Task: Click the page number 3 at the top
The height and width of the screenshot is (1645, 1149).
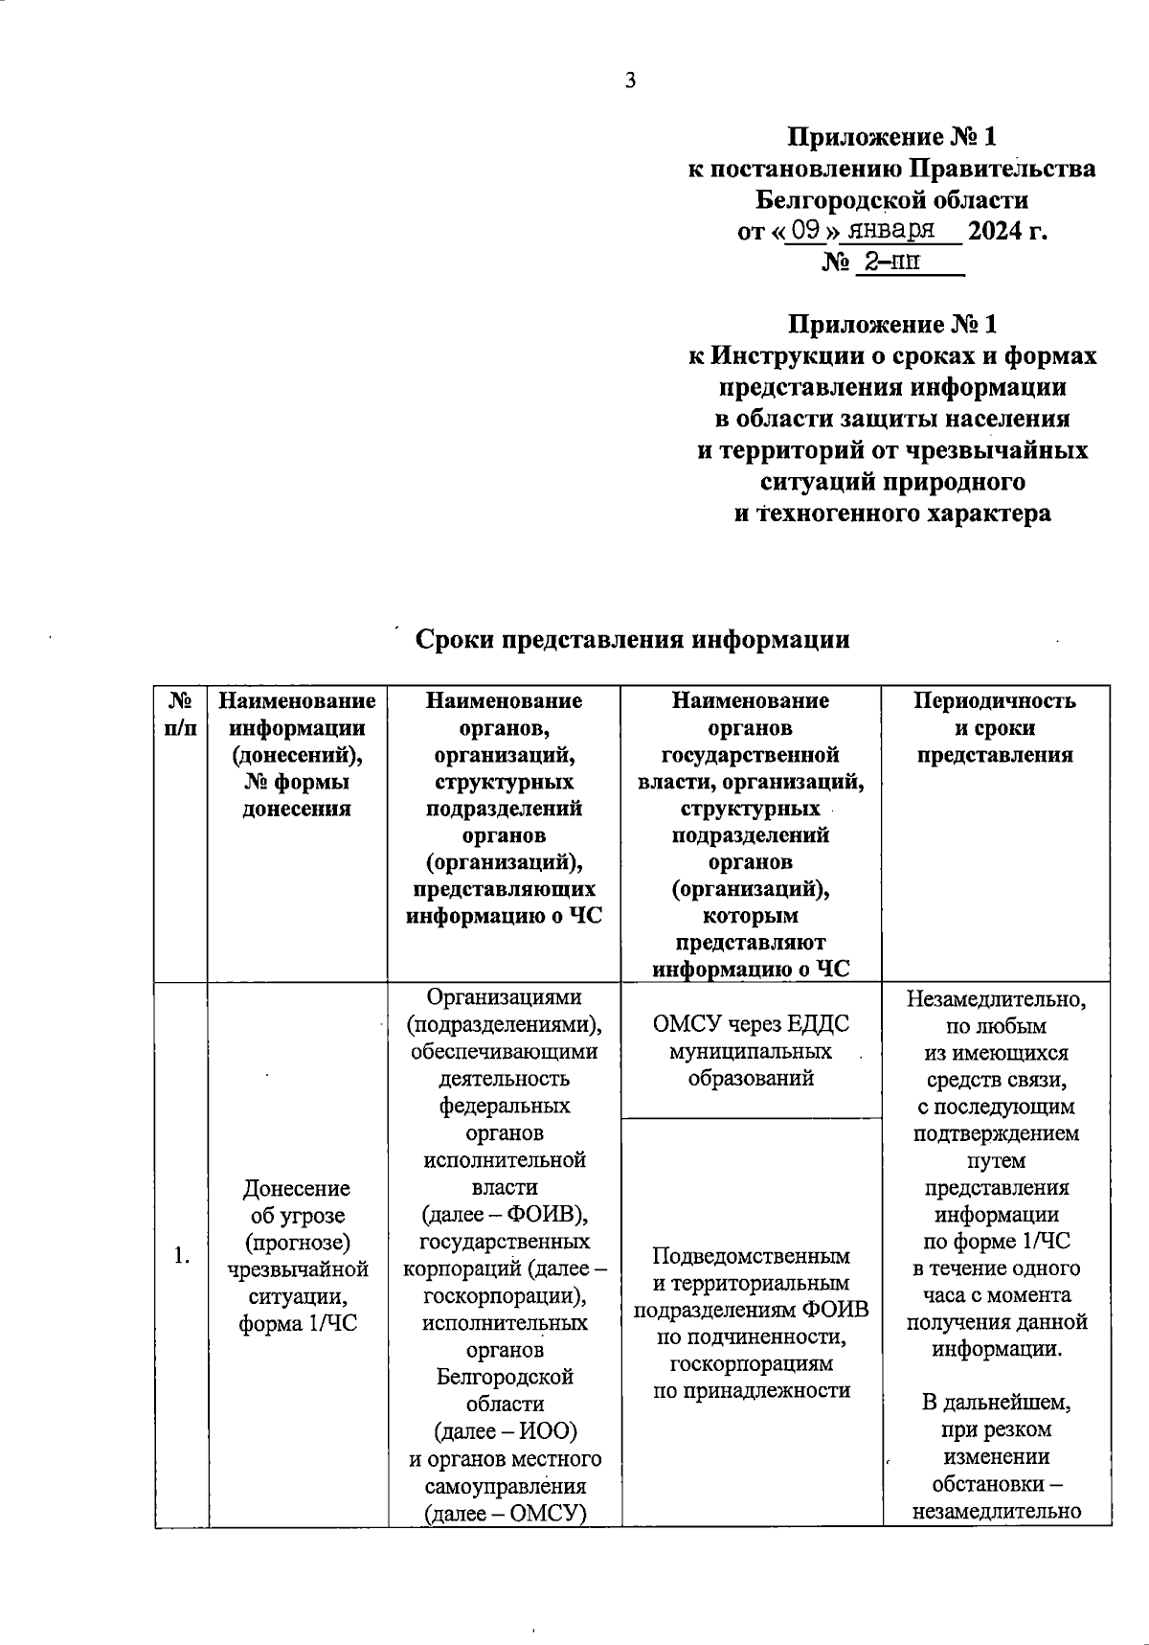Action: (x=630, y=81)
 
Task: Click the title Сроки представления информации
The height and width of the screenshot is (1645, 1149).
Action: (x=632, y=639)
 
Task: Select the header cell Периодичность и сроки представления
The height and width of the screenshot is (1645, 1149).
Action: (x=995, y=727)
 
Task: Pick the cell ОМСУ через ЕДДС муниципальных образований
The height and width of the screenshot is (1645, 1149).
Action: (x=751, y=1051)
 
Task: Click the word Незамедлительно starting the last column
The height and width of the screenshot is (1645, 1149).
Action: (x=996, y=999)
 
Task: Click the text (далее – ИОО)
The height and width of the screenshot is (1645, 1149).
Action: (x=505, y=1431)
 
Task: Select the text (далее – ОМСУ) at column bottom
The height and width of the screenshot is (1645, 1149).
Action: (x=505, y=1513)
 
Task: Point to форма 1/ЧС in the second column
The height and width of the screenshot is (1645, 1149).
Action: (x=297, y=1324)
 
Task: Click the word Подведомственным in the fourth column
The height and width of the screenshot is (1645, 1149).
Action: (x=751, y=1255)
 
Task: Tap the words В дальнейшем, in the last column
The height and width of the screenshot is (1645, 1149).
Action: (x=996, y=1403)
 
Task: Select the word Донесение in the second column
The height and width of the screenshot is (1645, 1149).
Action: (x=297, y=1188)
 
